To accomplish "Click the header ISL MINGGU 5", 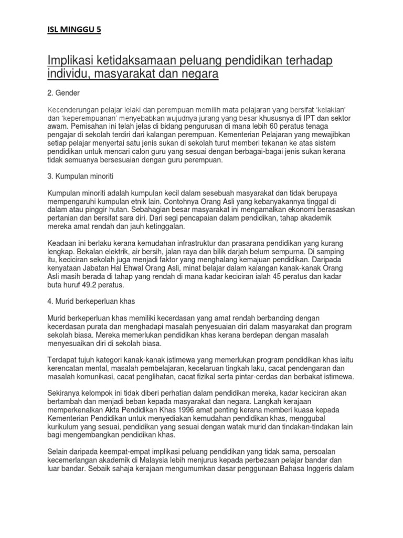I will click(x=73, y=30).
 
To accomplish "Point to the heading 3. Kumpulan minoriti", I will click(x=82, y=174).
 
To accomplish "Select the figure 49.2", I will click(x=99, y=285).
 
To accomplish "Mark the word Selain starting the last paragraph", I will click(x=59, y=451).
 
